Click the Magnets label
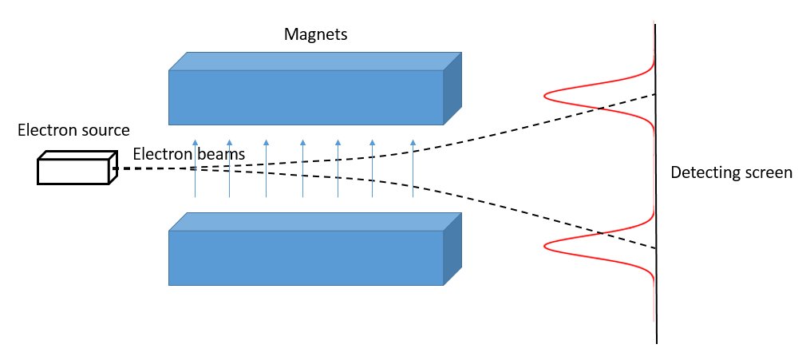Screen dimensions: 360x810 point(316,34)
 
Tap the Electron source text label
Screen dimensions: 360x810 point(73,130)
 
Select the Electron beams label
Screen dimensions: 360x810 point(188,154)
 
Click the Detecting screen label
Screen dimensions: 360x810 point(731,172)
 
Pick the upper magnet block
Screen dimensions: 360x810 point(306,97)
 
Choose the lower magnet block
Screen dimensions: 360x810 point(306,257)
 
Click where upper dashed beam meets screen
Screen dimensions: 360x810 point(655,93)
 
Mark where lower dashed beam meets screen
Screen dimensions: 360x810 point(655,249)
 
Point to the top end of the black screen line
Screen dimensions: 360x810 point(655,25)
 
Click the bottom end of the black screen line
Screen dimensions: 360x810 point(656,342)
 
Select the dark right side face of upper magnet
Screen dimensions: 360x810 point(452,89)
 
